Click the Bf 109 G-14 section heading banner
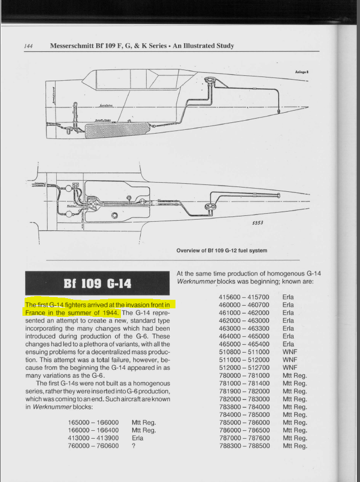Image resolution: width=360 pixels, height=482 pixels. [x=97, y=283]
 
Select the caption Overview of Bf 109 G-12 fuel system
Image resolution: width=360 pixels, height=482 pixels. [x=221, y=250]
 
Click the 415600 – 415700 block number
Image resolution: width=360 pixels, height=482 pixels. [x=244, y=297]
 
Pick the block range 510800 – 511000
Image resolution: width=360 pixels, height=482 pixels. [x=244, y=352]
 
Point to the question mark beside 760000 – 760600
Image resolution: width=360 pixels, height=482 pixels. [x=133, y=446]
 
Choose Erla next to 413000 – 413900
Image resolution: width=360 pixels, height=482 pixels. [x=137, y=438]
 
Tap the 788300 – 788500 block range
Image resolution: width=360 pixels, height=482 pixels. [x=244, y=446]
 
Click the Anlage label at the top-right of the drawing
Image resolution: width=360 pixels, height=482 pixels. [x=302, y=72]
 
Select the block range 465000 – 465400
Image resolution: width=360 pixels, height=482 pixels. [x=244, y=344]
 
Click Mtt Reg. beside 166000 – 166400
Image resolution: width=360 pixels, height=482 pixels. [x=143, y=430]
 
